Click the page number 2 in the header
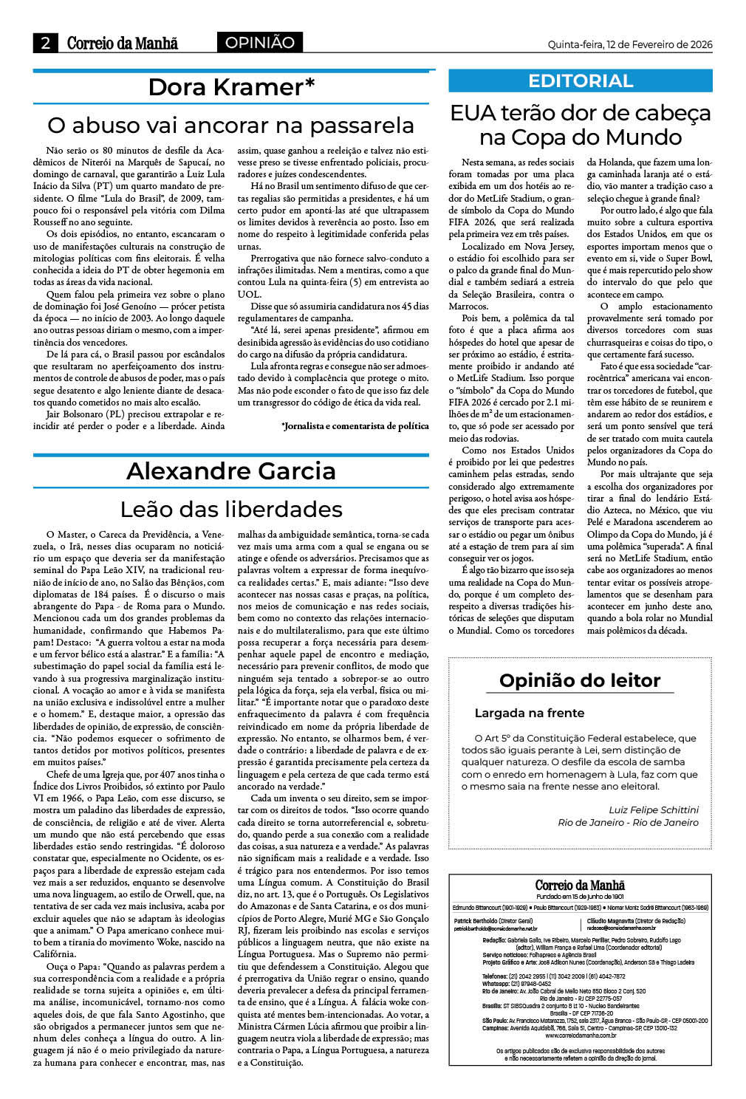tap(45, 43)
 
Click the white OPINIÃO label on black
tap(259, 43)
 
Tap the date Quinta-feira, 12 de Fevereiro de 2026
tap(629, 44)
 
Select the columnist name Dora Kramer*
tap(231, 87)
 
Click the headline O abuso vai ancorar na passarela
tap(230, 125)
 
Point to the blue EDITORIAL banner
tap(581, 81)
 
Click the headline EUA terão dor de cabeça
tap(581, 113)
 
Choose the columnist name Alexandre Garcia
tap(230, 471)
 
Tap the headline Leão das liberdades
tap(230, 509)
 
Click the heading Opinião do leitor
tap(580, 680)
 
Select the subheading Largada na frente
tap(529, 713)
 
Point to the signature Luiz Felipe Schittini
tap(653, 809)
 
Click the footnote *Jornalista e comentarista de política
tap(355, 426)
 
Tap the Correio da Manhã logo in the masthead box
tap(580, 886)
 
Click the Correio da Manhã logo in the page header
tap(122, 43)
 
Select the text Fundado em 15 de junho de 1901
tap(580, 897)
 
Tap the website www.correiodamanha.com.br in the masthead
tap(580, 1036)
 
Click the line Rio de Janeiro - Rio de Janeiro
tap(628, 822)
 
